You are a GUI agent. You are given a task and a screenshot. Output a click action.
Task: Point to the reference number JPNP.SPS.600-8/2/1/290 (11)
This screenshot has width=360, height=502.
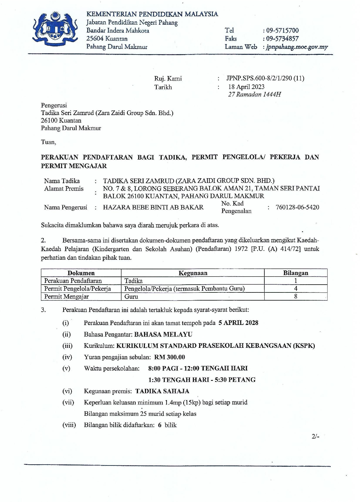[x=265, y=78]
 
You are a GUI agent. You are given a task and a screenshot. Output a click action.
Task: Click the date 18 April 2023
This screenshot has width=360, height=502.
[x=246, y=87]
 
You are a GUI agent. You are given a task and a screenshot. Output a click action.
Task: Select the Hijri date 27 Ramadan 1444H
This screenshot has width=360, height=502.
[x=254, y=94]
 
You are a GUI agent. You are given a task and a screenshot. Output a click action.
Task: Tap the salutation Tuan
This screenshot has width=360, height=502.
[x=48, y=142]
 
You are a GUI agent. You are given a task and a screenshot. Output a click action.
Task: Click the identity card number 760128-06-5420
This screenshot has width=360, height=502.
[x=297, y=207]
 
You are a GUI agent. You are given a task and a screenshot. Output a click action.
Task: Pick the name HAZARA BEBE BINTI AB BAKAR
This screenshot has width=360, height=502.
[x=153, y=207]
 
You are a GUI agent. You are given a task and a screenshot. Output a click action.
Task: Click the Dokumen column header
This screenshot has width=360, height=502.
[x=81, y=273]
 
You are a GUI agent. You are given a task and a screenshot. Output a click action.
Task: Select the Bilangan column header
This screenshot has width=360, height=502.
[x=296, y=273]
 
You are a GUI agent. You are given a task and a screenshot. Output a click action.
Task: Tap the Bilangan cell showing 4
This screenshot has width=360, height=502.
[x=296, y=289]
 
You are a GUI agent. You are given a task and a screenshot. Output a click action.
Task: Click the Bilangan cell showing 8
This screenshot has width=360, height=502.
[x=296, y=297]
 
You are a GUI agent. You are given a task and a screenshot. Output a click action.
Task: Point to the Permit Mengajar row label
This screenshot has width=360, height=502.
[x=66, y=297]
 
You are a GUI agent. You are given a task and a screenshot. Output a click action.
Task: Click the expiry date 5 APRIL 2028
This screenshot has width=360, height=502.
[x=239, y=323]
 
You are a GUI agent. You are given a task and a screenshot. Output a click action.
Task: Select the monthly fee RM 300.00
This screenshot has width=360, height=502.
[x=170, y=357]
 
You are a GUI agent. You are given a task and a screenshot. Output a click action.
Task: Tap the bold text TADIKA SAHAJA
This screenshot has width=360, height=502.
[x=162, y=391]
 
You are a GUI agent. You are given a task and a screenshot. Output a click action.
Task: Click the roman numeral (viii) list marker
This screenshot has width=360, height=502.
[x=69, y=425]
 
